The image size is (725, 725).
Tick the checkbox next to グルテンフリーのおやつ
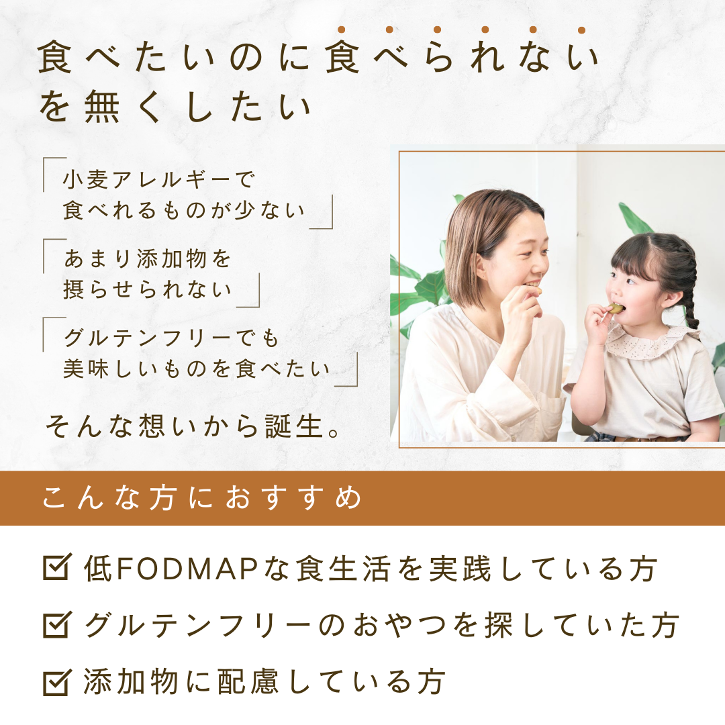[x=57, y=625]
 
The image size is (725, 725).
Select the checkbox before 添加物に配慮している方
[x=57, y=682]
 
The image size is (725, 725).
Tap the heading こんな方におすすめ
[x=202, y=497]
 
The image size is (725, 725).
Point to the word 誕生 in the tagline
[x=294, y=426]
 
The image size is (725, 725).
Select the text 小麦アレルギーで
[x=158, y=180]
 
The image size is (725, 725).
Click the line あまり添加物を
[x=147, y=258]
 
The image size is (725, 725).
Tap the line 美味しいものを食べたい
[x=197, y=369]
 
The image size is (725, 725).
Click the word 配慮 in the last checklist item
[x=248, y=683]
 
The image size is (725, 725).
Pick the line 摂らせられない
[x=147, y=290]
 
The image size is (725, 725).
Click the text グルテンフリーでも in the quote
[x=171, y=338]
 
